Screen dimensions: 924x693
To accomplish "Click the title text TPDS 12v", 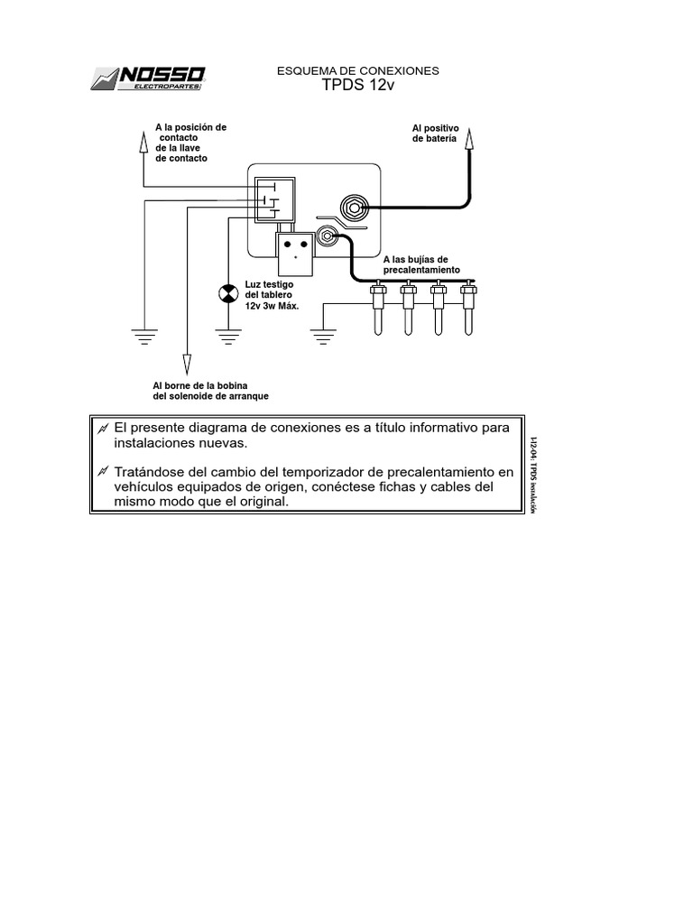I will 358,86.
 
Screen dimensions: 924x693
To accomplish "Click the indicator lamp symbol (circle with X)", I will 226,294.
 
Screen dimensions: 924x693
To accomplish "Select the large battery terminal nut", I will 354,208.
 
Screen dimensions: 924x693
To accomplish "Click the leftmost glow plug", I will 379,307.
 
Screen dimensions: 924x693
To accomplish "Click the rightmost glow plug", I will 467,307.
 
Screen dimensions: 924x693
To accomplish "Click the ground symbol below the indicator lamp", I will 226,338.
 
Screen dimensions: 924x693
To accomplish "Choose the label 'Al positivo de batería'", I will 435,134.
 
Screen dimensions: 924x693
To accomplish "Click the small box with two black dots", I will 295,252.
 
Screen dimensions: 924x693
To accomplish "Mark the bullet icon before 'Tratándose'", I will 105,471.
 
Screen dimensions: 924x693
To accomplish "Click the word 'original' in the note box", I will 263,502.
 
